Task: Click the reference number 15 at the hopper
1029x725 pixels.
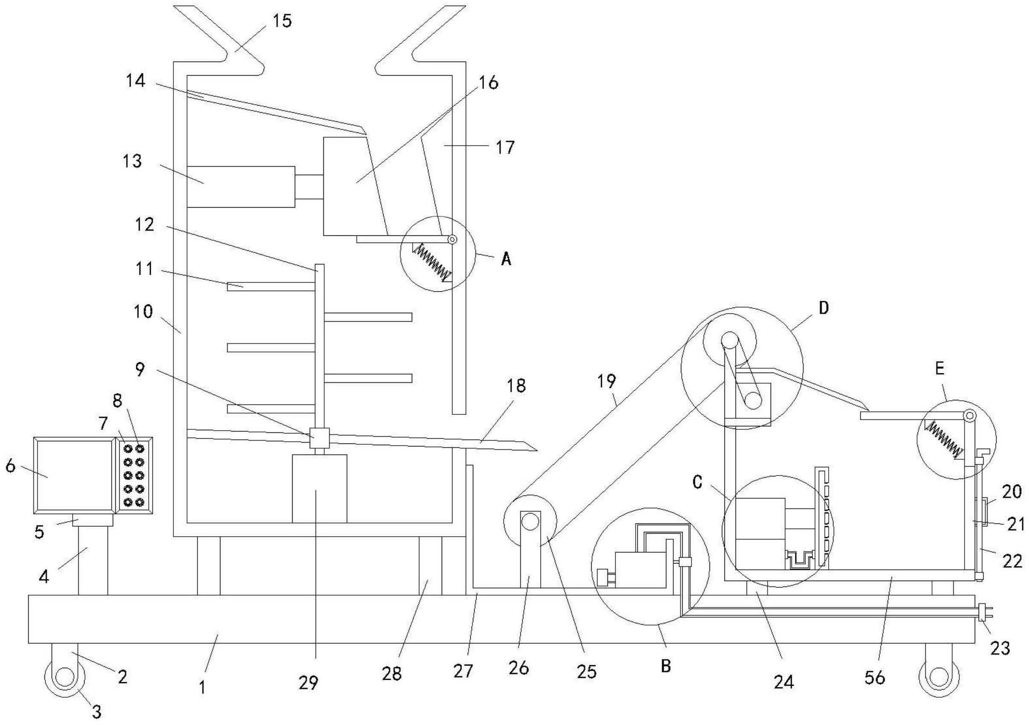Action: pos(282,21)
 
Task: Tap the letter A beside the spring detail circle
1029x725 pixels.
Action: pos(506,259)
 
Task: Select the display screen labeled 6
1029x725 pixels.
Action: pos(73,475)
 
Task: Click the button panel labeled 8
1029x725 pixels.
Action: pos(135,475)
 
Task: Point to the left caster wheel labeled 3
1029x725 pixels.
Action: pos(64,678)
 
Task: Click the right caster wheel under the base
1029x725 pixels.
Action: pos(938,678)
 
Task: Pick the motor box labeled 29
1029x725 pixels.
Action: pos(319,489)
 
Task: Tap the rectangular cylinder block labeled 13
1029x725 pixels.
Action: pos(240,187)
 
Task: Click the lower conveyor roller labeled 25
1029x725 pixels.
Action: pos(530,522)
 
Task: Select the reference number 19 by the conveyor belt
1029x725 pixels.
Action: pos(607,381)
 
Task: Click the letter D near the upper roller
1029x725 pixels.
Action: pos(824,308)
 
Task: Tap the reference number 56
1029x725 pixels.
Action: pos(875,678)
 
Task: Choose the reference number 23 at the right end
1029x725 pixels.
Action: pos(1000,649)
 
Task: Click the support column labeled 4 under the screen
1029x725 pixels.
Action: pos(93,561)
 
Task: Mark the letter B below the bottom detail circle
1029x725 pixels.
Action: pos(666,666)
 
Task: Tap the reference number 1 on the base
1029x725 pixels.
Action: pos(202,687)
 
